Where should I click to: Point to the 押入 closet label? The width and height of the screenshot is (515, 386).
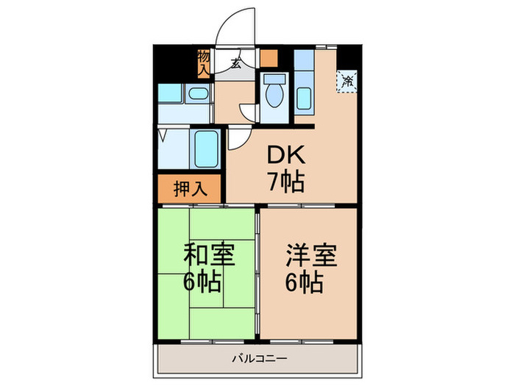(190, 188)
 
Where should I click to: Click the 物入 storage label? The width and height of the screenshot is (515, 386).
(204, 62)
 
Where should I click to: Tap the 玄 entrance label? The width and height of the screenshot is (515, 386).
(235, 63)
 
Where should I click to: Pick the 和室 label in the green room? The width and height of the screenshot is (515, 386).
(209, 256)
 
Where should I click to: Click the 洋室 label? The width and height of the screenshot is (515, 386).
(311, 256)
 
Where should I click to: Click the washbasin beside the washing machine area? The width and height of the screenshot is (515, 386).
(196, 93)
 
